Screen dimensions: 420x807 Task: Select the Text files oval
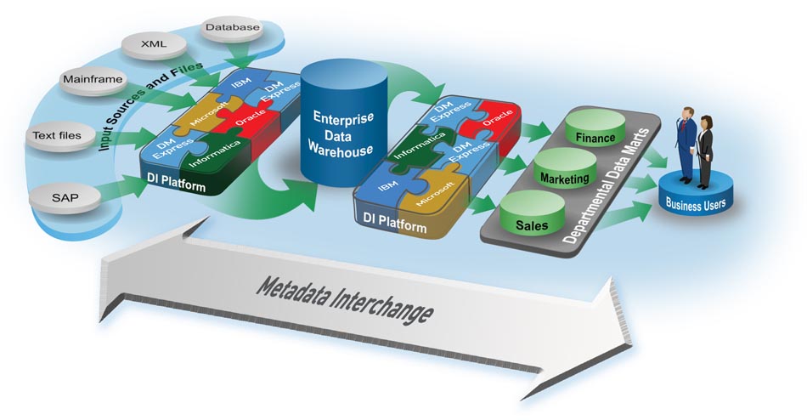(x=57, y=135)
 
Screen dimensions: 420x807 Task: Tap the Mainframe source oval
(x=92, y=81)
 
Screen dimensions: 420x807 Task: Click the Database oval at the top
(x=232, y=28)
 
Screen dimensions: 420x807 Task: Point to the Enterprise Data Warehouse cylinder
(x=342, y=128)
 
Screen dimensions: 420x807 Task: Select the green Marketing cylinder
(x=562, y=179)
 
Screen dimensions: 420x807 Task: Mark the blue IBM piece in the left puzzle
(x=235, y=87)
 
